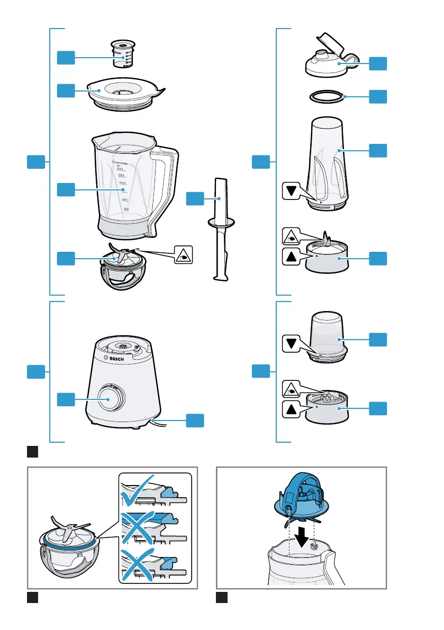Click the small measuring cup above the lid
click(122, 54)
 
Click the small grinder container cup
click(326, 336)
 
